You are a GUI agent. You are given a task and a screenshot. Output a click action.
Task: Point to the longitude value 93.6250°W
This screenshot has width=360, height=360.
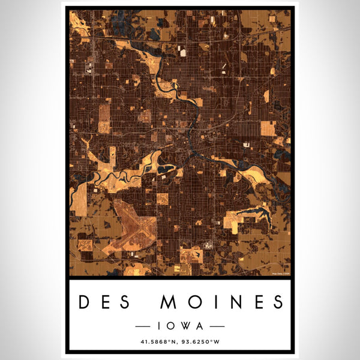tap(205, 342)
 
